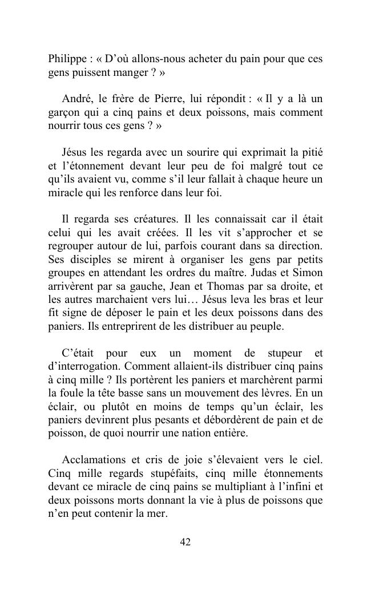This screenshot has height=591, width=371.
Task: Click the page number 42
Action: (x=185, y=542)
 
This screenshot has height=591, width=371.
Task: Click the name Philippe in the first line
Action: (x=66, y=60)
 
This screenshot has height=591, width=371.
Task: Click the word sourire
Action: (x=202, y=152)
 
